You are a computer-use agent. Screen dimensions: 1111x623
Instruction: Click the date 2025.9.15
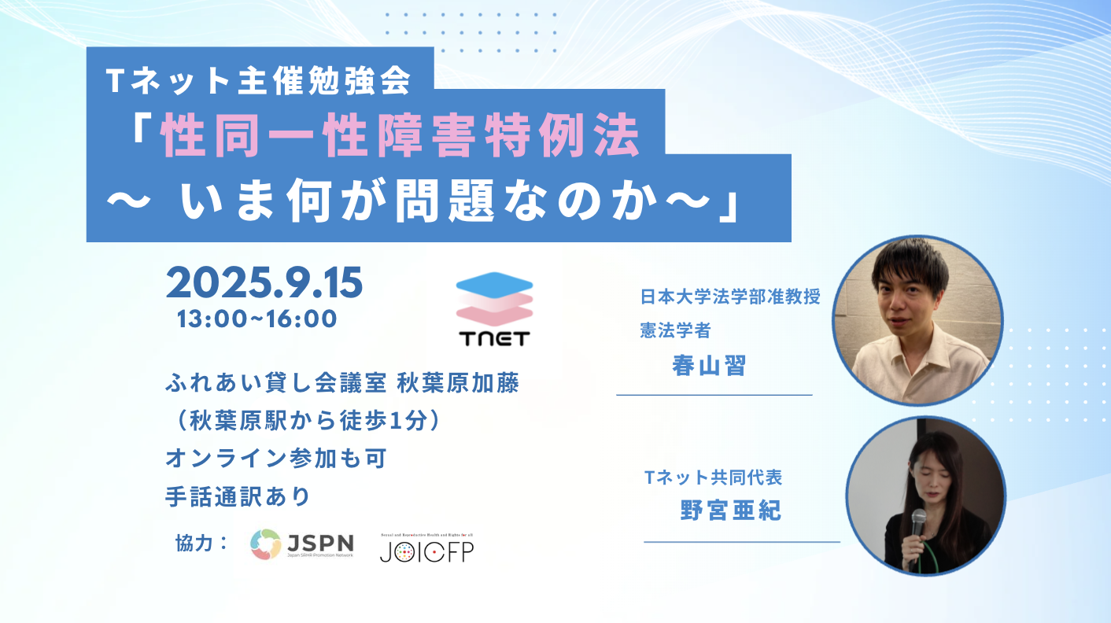(x=264, y=282)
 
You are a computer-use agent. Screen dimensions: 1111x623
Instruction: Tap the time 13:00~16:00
(x=257, y=319)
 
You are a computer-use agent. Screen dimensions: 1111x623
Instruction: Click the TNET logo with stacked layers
(x=494, y=308)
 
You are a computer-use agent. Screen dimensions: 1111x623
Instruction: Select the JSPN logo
(x=302, y=544)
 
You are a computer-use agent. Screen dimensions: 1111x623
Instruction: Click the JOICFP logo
(x=426, y=548)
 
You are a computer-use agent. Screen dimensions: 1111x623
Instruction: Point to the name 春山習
(x=709, y=366)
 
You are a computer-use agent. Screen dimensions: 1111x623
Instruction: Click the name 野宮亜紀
(x=731, y=511)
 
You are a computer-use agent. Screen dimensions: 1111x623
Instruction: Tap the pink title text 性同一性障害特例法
(x=400, y=135)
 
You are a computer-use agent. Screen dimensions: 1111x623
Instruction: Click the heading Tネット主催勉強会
(x=258, y=80)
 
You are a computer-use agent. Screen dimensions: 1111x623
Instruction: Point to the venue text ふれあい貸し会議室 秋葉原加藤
(x=342, y=383)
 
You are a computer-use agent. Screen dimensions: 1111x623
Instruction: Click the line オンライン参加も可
(x=275, y=459)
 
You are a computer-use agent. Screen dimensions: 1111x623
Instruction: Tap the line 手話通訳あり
(x=238, y=496)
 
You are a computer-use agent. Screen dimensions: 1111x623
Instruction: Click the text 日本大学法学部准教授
(x=730, y=297)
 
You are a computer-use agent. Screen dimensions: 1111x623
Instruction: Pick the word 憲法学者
(x=676, y=330)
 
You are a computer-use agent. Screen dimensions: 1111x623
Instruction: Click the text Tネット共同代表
(x=713, y=477)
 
